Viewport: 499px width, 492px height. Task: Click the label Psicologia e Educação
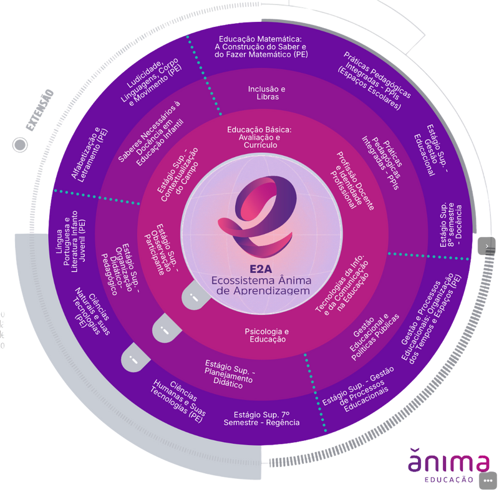pos(265,335)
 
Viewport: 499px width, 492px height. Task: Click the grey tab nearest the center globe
pos(195,297)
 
